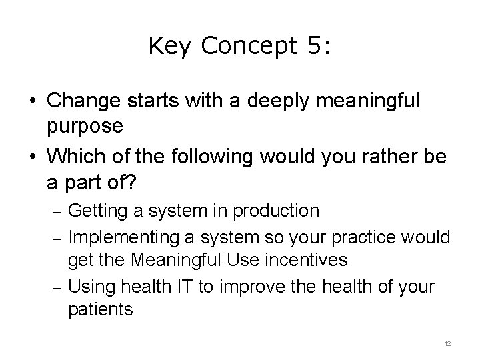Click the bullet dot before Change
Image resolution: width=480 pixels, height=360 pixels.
tap(33, 102)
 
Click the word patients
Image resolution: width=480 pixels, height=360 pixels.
tap(101, 310)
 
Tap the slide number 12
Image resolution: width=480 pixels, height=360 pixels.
tap(447, 343)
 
